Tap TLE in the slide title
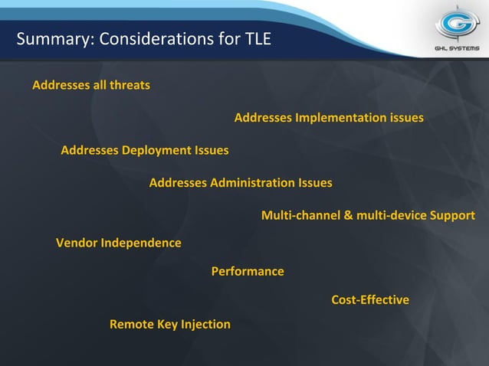(x=257, y=38)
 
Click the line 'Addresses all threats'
(x=90, y=85)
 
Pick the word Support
(x=452, y=215)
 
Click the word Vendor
(x=77, y=243)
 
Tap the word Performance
(x=247, y=272)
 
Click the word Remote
(x=132, y=325)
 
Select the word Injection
(x=205, y=325)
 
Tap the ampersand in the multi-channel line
(x=349, y=215)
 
